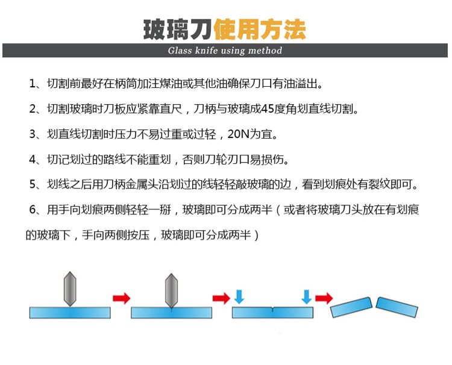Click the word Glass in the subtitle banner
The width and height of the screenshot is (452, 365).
180,51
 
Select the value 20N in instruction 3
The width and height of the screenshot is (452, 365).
240,134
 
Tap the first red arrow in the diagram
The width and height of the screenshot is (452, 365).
121,298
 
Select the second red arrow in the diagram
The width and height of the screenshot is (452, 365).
221,298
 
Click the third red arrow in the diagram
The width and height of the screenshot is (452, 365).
324,298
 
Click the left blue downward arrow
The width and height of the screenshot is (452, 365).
239,296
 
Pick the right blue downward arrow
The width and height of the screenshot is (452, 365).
307,296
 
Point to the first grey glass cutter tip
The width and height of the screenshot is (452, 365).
70,289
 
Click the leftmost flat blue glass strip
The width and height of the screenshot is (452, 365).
70,313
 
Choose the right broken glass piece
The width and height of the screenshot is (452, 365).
397,307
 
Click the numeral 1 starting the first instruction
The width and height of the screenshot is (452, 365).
33,84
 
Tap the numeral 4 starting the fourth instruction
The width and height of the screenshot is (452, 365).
33,160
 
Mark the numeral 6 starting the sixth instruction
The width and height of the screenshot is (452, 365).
33,210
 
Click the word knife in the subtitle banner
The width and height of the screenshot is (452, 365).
208,51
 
